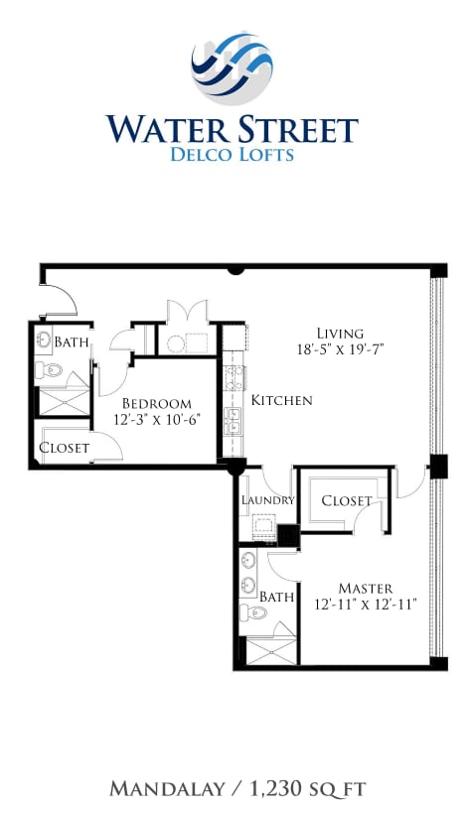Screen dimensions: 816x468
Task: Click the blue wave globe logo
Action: click(x=232, y=67)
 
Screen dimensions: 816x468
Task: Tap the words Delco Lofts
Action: click(x=232, y=154)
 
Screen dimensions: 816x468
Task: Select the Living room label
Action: click(x=340, y=334)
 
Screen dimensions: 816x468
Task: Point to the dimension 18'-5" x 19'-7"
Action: click(x=340, y=350)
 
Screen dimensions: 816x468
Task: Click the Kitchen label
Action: click(x=281, y=401)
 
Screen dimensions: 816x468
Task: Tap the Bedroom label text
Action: click(x=156, y=404)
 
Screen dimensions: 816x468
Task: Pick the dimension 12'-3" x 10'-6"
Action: click(x=156, y=421)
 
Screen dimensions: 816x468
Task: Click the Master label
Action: click(x=365, y=589)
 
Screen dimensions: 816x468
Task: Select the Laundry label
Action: click(x=267, y=500)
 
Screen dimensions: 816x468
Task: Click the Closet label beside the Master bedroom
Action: click(x=347, y=501)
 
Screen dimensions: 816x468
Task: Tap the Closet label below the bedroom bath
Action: click(x=64, y=449)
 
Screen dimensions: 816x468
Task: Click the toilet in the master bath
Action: click(x=254, y=612)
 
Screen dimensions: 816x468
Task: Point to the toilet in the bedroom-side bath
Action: click(x=50, y=371)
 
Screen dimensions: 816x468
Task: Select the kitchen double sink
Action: click(x=232, y=421)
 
